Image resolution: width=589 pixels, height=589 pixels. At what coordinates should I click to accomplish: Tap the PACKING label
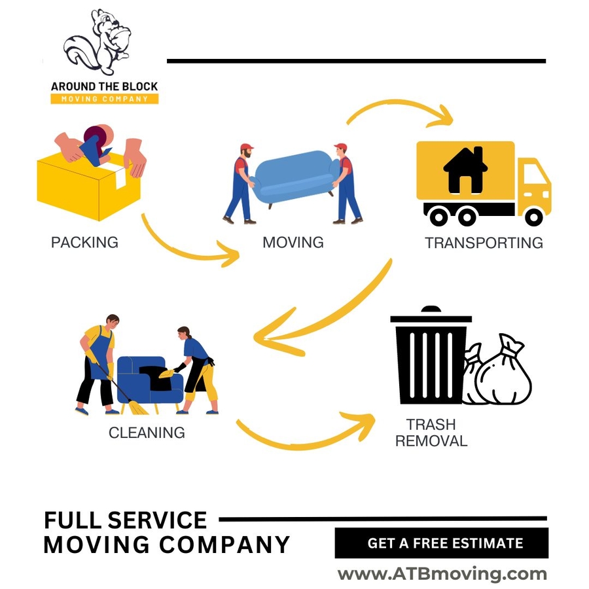pos(84,242)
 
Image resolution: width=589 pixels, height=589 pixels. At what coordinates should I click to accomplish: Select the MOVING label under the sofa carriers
pos(293,242)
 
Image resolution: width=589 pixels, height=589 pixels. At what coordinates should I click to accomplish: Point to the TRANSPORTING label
pos(484,243)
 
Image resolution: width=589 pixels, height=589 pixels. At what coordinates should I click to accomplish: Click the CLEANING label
pos(147,433)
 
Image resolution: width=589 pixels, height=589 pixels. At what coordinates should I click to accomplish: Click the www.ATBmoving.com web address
pos(442,575)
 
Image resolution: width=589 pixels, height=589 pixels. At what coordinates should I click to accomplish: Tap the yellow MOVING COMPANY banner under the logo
pos(105,99)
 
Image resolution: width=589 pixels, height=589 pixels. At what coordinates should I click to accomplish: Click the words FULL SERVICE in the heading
pos(125,520)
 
